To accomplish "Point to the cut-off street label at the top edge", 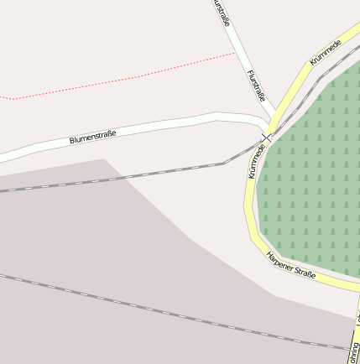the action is pyautogui.click(x=222, y=12).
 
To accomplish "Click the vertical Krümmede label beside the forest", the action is pyautogui.click(x=256, y=160).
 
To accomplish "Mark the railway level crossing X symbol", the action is pyautogui.click(x=266, y=137).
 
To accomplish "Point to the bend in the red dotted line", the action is pyautogui.click(x=14, y=98).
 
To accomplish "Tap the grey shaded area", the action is pyautogui.click(x=101, y=252).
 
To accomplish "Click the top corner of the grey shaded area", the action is pyautogui.click(x=104, y=159).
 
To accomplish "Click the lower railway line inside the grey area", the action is pyautogui.click(x=168, y=311).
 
